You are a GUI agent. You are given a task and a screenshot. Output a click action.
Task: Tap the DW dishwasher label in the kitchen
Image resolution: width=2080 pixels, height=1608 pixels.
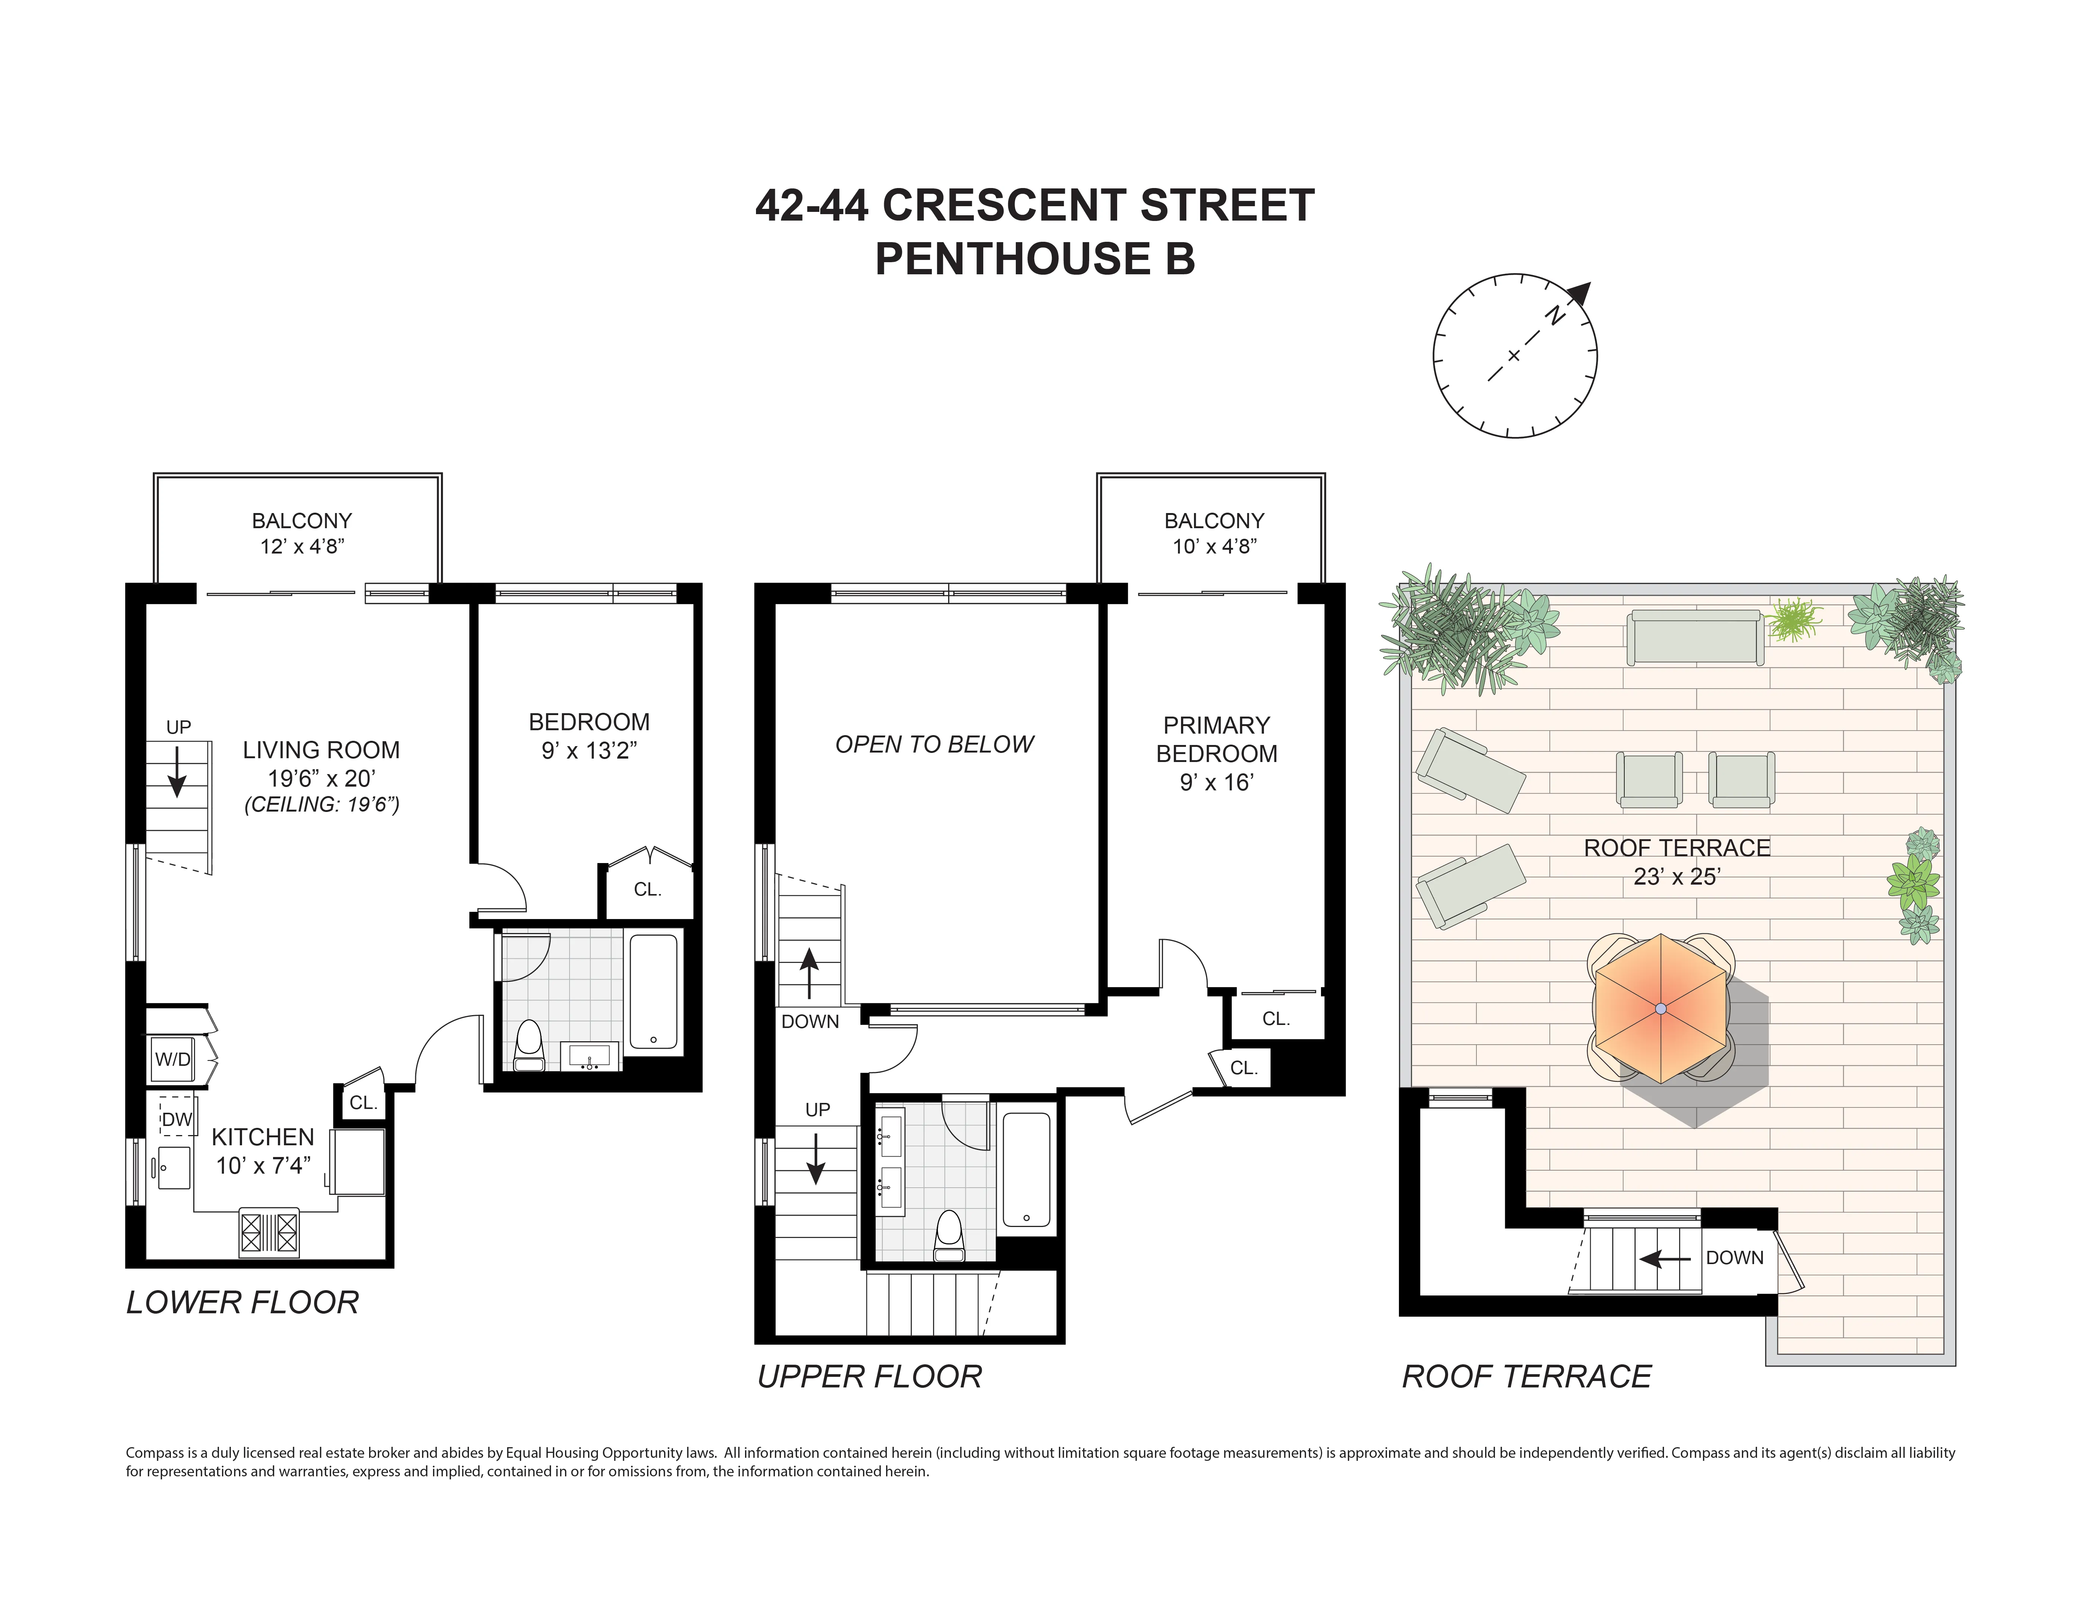click(x=177, y=1119)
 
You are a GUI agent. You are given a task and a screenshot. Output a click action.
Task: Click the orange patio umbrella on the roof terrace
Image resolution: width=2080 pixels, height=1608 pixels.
click(x=1660, y=1008)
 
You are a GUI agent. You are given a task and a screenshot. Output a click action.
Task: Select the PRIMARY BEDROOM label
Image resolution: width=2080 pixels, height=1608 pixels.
click(x=1216, y=739)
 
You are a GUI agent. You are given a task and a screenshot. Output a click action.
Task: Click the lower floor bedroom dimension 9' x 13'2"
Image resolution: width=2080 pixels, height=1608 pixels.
click(x=588, y=751)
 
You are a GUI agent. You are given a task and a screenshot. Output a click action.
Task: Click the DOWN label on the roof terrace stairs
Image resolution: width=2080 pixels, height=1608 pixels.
click(x=1734, y=1257)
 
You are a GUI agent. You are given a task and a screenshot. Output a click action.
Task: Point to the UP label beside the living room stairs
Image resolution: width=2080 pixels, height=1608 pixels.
click(x=178, y=727)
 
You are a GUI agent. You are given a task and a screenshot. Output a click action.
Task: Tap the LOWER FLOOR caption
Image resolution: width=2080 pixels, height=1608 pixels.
click(x=243, y=1302)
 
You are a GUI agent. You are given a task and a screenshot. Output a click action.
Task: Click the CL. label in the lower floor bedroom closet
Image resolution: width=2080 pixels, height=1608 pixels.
click(x=647, y=889)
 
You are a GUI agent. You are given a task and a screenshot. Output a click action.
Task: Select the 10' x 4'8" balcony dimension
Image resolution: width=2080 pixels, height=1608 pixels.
click(x=1214, y=546)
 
